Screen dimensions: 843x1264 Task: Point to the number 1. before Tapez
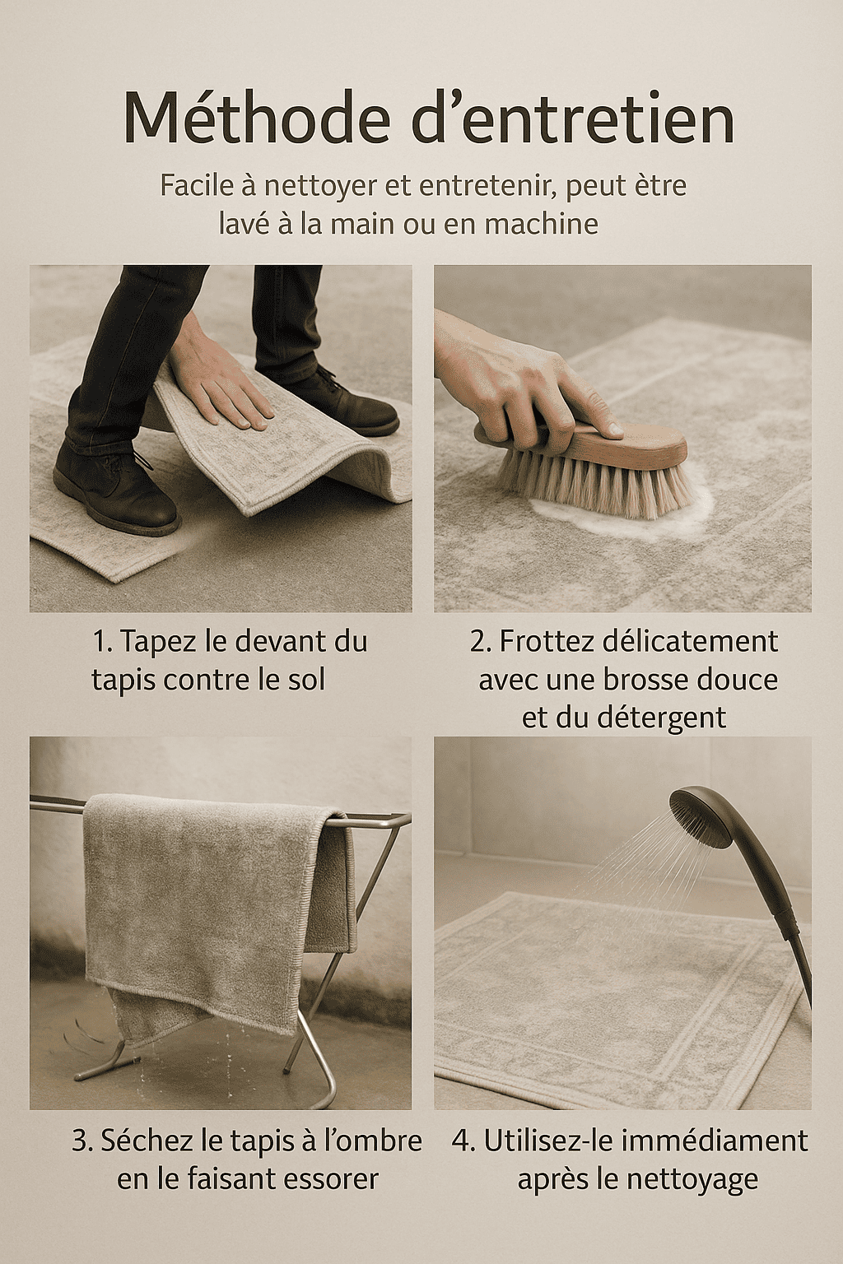pyautogui.click(x=103, y=642)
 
